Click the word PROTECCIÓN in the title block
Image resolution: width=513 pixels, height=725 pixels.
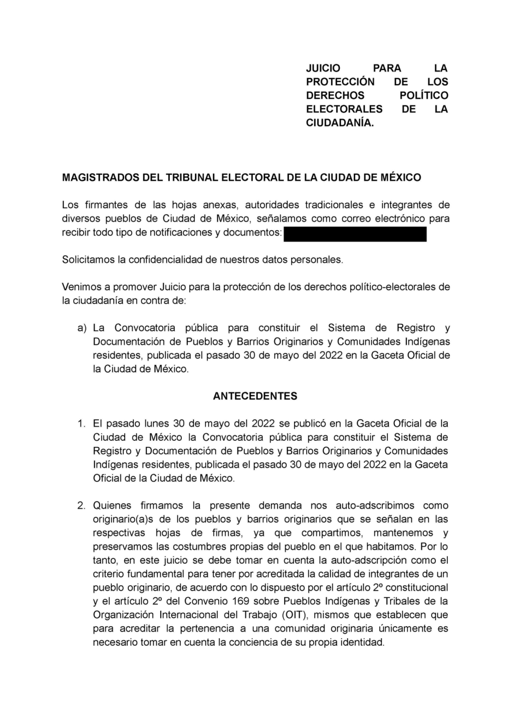click(x=340, y=82)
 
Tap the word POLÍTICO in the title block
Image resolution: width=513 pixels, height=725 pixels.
click(x=424, y=95)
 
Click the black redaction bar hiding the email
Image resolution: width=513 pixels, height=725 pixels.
click(x=355, y=234)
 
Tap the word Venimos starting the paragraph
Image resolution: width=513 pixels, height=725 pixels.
click(x=81, y=287)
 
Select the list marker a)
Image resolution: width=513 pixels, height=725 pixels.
click(x=82, y=328)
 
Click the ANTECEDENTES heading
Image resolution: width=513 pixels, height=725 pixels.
click(x=255, y=396)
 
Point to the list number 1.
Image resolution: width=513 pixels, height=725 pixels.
click(x=81, y=424)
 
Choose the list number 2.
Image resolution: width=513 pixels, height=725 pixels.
click(x=81, y=505)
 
